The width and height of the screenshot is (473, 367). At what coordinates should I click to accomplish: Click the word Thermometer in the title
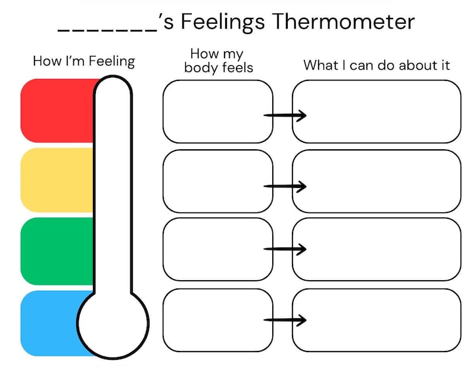coord(343,22)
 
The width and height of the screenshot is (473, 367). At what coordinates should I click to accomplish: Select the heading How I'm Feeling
coord(84,61)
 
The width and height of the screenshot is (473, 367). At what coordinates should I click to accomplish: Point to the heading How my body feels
coord(219,61)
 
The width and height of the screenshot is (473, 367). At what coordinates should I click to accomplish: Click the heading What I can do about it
coord(376,65)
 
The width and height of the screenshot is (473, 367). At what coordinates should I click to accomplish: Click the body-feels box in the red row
coord(214,111)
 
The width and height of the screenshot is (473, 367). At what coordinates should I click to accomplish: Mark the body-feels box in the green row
coord(214,249)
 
